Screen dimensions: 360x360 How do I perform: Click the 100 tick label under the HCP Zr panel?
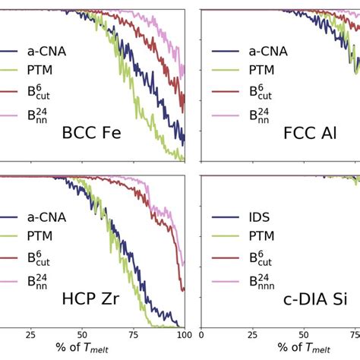pos(180,334)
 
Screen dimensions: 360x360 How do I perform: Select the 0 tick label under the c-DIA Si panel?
pos(201,334)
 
